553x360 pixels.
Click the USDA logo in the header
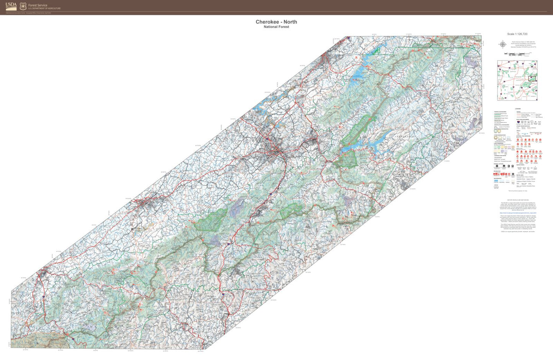click(11, 6)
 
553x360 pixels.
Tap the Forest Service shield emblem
click(23, 6)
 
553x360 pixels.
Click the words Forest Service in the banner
click(38, 5)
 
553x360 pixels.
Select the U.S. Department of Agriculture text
click(44, 8)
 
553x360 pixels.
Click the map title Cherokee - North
click(276, 22)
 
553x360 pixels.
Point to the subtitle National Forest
click(276, 27)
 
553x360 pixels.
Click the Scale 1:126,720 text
click(517, 34)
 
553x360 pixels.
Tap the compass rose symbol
click(502, 44)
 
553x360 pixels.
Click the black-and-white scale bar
click(517, 54)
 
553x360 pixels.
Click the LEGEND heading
click(517, 109)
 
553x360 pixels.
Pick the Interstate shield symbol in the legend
click(519, 122)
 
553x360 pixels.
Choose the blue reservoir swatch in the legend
click(496, 180)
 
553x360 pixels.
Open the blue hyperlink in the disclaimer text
click(518, 213)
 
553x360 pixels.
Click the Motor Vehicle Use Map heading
click(518, 200)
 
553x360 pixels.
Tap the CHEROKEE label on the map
click(405, 136)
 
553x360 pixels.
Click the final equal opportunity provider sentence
click(518, 231)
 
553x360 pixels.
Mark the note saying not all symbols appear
click(517, 191)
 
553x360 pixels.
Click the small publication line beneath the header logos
click(28, 13)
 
